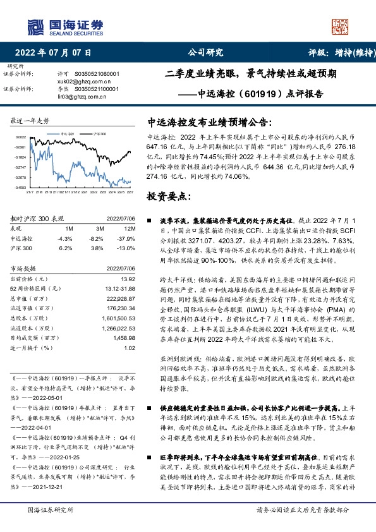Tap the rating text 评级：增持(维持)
pos(339,52)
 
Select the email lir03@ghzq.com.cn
pos(79,97)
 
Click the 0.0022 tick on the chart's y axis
pos(21,137)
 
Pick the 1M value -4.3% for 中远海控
pos(65,239)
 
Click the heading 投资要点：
pos(170,196)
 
